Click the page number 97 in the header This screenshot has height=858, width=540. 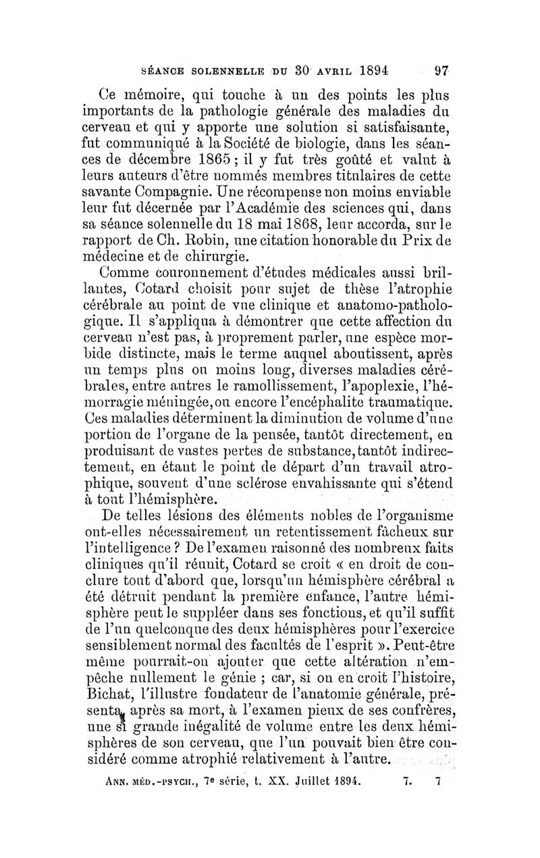point(441,70)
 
